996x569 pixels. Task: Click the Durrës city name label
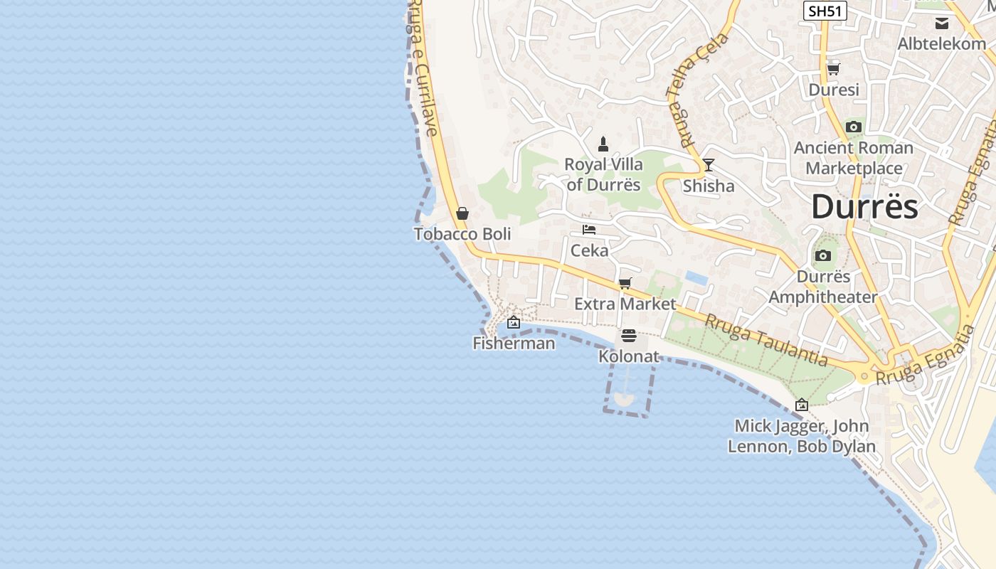click(864, 207)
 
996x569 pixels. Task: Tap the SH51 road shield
click(825, 11)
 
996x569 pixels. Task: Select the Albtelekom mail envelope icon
click(942, 23)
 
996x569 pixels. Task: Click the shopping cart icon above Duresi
click(833, 70)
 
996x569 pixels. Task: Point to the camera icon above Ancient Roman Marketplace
click(854, 127)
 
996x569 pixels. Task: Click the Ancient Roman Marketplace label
click(854, 158)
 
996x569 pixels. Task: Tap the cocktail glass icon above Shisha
click(708, 165)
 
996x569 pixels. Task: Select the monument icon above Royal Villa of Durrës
click(603, 144)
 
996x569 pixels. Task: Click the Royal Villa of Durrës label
click(603, 174)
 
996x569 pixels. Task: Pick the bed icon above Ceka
click(589, 230)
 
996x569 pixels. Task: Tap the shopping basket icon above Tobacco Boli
click(462, 213)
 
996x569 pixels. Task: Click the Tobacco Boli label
click(462, 234)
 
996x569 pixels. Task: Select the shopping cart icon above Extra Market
click(625, 284)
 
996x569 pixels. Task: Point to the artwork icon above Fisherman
click(513, 323)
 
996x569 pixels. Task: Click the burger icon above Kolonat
click(628, 336)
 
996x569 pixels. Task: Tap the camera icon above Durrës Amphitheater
click(823, 256)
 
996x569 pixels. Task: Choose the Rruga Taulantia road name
click(765, 341)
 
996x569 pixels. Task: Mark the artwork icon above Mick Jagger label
click(802, 405)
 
